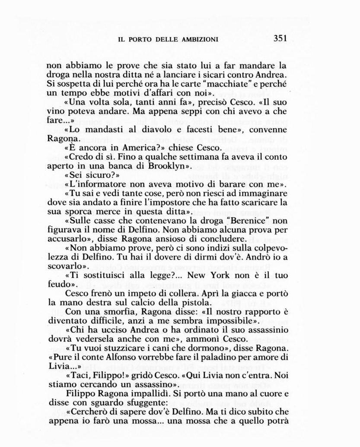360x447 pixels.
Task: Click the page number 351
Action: coord(280,38)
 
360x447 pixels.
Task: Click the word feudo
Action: coord(57,285)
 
